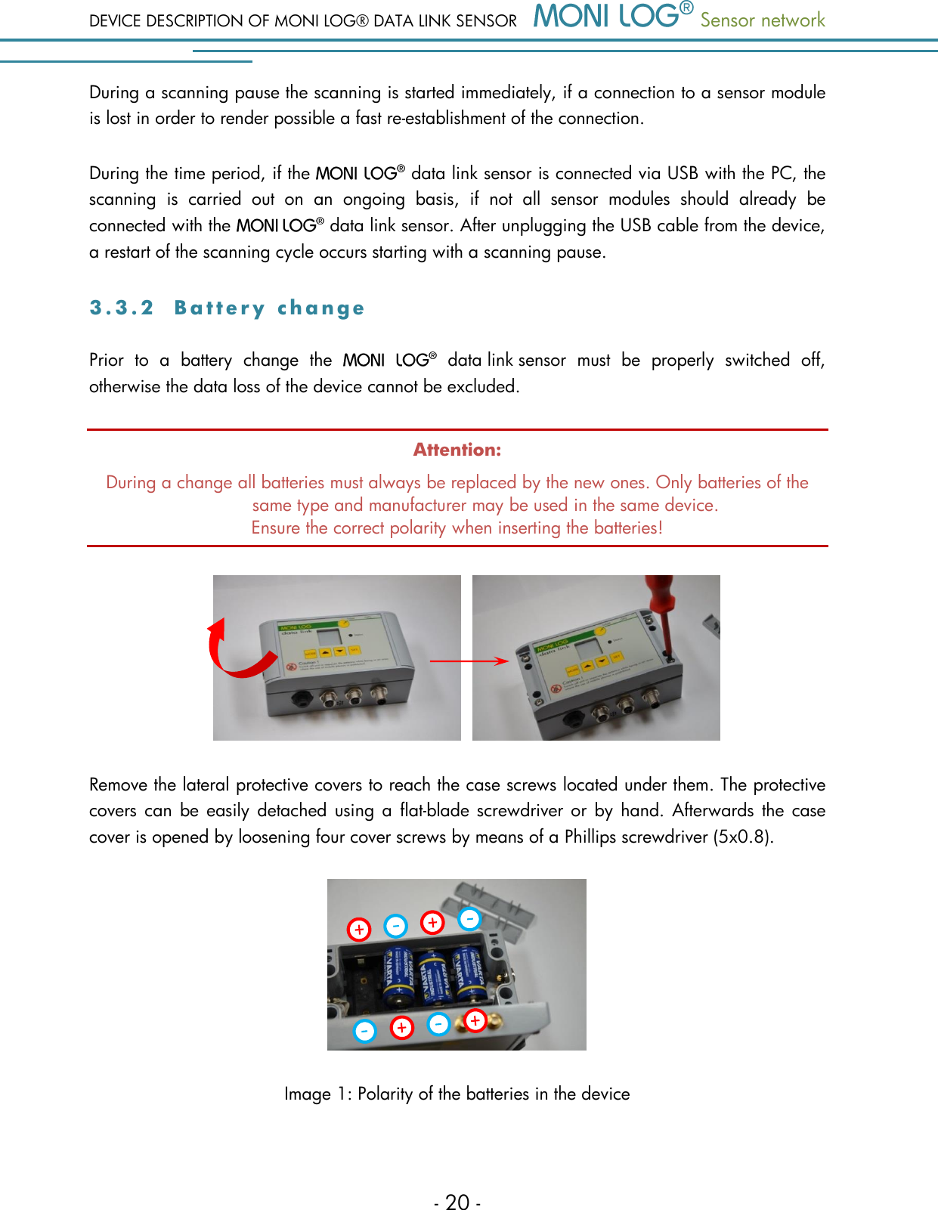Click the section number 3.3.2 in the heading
pos(121,308)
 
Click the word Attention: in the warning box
pos(457,450)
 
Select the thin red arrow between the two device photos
pos(469,661)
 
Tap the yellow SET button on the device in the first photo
pos(354,650)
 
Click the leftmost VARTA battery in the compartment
pos(396,978)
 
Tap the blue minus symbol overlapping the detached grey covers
pos(469,919)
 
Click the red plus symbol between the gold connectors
pos(475,1020)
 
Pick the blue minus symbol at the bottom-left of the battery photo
pos(364,1030)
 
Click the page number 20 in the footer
pos(457,1202)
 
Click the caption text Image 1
pos(317,1094)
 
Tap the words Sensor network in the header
pos(762,20)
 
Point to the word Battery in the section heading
pos(219,308)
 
